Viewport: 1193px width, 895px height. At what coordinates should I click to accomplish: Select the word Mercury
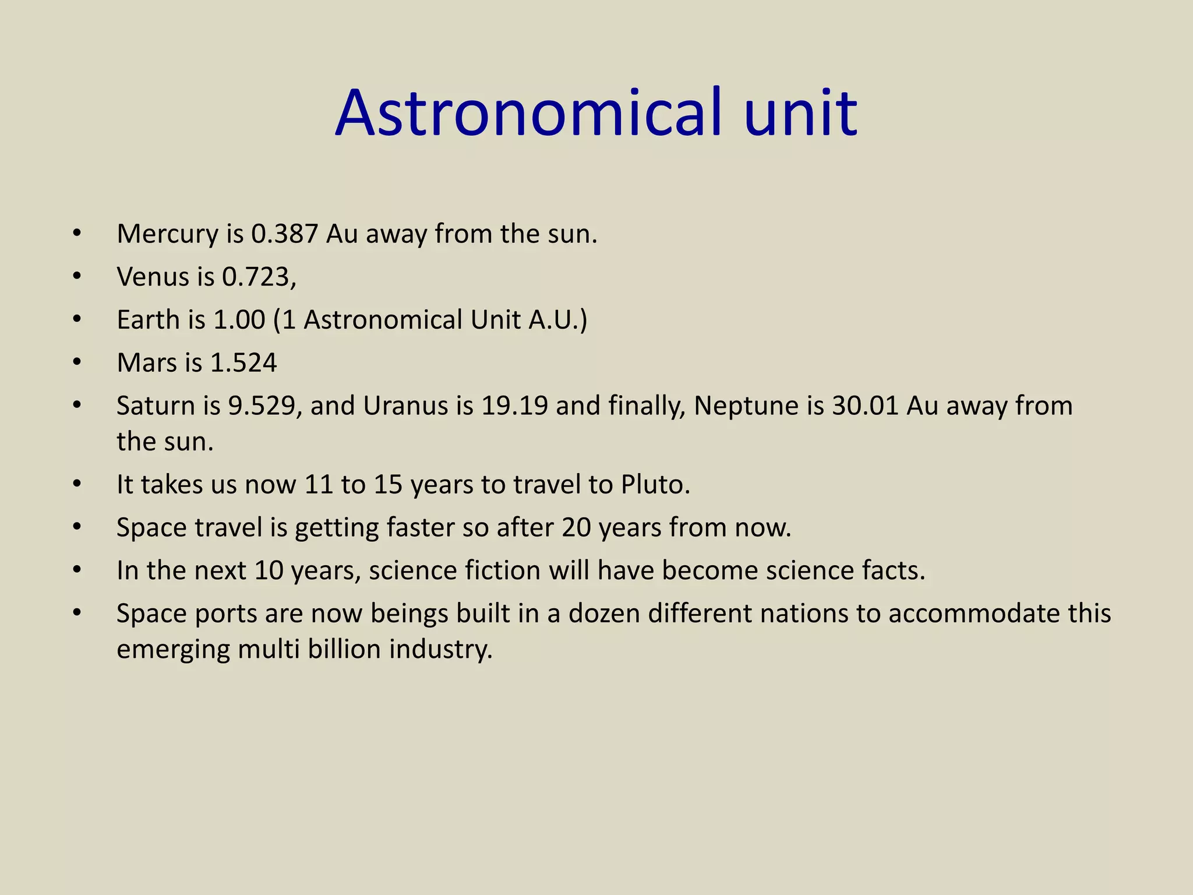[168, 234]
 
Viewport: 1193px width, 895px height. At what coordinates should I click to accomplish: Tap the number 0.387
[285, 234]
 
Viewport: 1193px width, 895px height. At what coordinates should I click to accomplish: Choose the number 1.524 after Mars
[243, 363]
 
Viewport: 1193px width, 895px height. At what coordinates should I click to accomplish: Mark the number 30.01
[866, 406]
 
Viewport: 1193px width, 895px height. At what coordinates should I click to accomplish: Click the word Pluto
[655, 485]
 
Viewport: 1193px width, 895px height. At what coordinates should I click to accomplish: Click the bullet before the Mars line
[77, 363]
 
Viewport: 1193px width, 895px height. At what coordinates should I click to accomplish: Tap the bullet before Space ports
[77, 614]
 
